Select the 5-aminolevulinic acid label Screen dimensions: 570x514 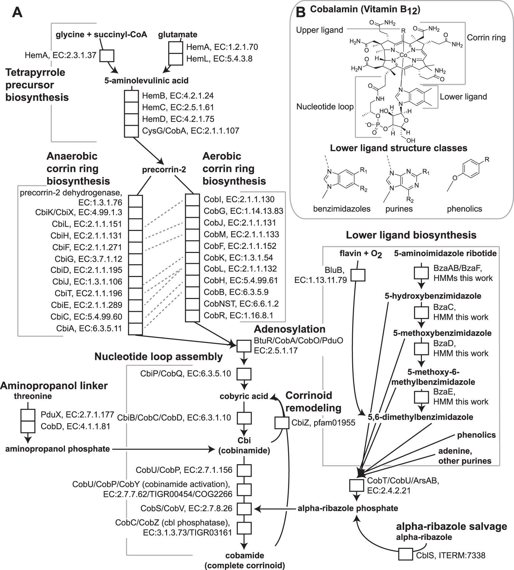[146, 81]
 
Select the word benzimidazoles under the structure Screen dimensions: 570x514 [342, 208]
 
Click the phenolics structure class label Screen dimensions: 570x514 [464, 209]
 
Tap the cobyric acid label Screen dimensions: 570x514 [244, 396]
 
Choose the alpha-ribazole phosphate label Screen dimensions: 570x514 [348, 508]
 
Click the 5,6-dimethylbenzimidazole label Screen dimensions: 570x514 [420, 417]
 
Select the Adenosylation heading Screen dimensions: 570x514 [289, 329]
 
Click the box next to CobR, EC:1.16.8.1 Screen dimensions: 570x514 [192, 315]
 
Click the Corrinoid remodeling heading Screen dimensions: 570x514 [313, 401]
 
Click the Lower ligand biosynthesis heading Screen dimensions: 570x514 [411, 235]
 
